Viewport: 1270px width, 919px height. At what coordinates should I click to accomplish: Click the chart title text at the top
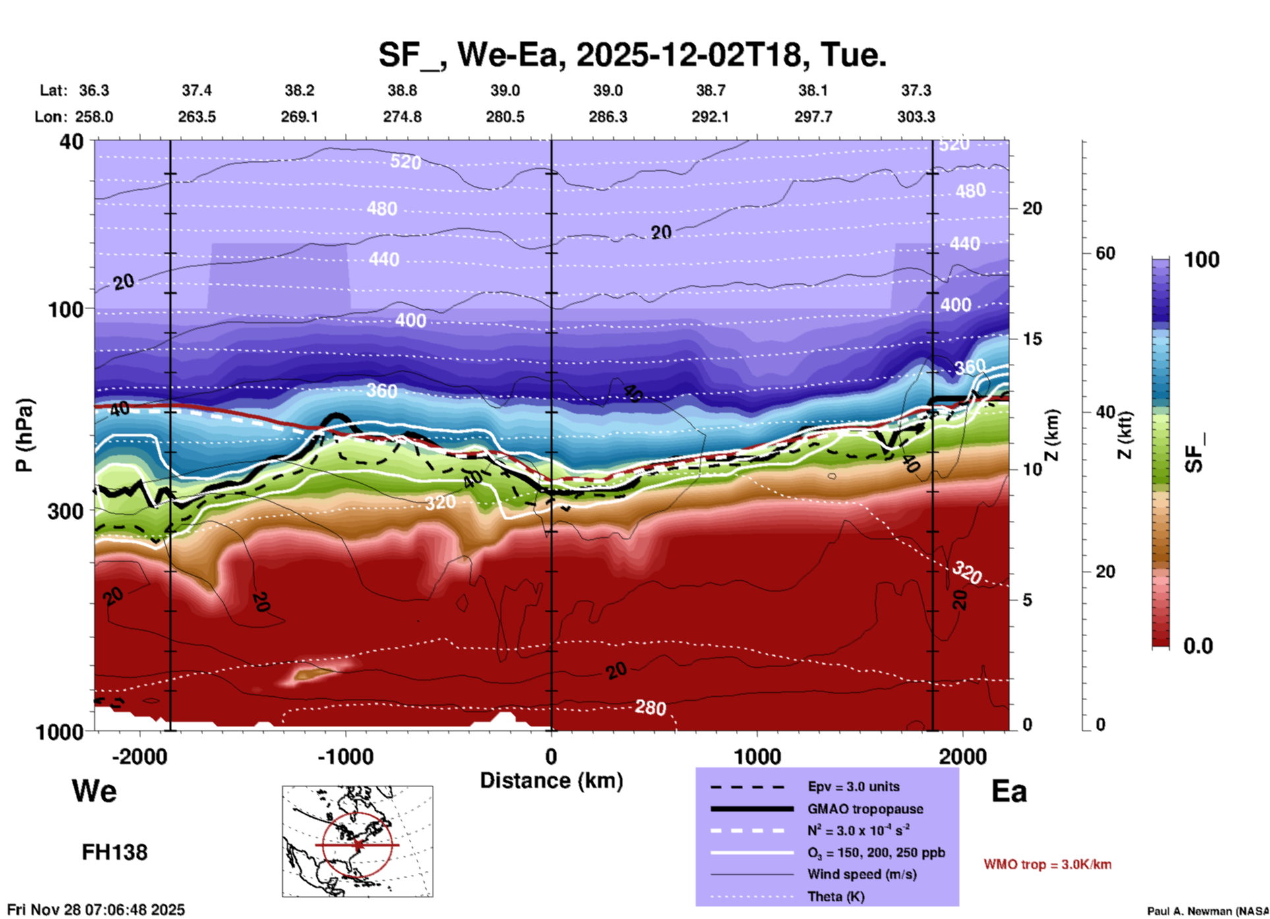[x=632, y=55]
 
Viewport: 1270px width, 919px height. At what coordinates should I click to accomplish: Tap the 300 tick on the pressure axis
[x=66, y=511]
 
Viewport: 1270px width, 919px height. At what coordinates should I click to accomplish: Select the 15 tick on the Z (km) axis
[x=1032, y=339]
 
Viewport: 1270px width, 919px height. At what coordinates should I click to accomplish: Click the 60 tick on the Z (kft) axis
[x=1106, y=253]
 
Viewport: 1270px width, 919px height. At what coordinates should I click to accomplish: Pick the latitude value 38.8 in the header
[x=402, y=90]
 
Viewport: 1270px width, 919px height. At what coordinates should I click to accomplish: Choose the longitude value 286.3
[x=607, y=117]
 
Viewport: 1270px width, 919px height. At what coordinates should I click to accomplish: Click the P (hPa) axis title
[x=24, y=435]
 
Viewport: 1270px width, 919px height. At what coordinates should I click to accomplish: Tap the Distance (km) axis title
[x=551, y=781]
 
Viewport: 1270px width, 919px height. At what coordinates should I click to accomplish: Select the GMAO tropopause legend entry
[x=865, y=809]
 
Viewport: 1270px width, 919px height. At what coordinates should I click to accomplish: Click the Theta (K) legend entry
[x=837, y=897]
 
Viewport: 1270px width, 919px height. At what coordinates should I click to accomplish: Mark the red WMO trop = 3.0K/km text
[x=1047, y=864]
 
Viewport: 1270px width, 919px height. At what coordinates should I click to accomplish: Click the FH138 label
[x=114, y=852]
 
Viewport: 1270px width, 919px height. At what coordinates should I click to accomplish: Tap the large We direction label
[x=94, y=791]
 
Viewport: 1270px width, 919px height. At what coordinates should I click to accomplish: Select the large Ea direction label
[x=1009, y=791]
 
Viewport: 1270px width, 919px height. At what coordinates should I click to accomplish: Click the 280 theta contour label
[x=650, y=707]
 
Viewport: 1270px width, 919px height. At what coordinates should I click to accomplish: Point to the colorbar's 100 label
[x=1201, y=260]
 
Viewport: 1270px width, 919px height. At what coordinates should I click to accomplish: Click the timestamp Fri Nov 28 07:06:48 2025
[x=96, y=910]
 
